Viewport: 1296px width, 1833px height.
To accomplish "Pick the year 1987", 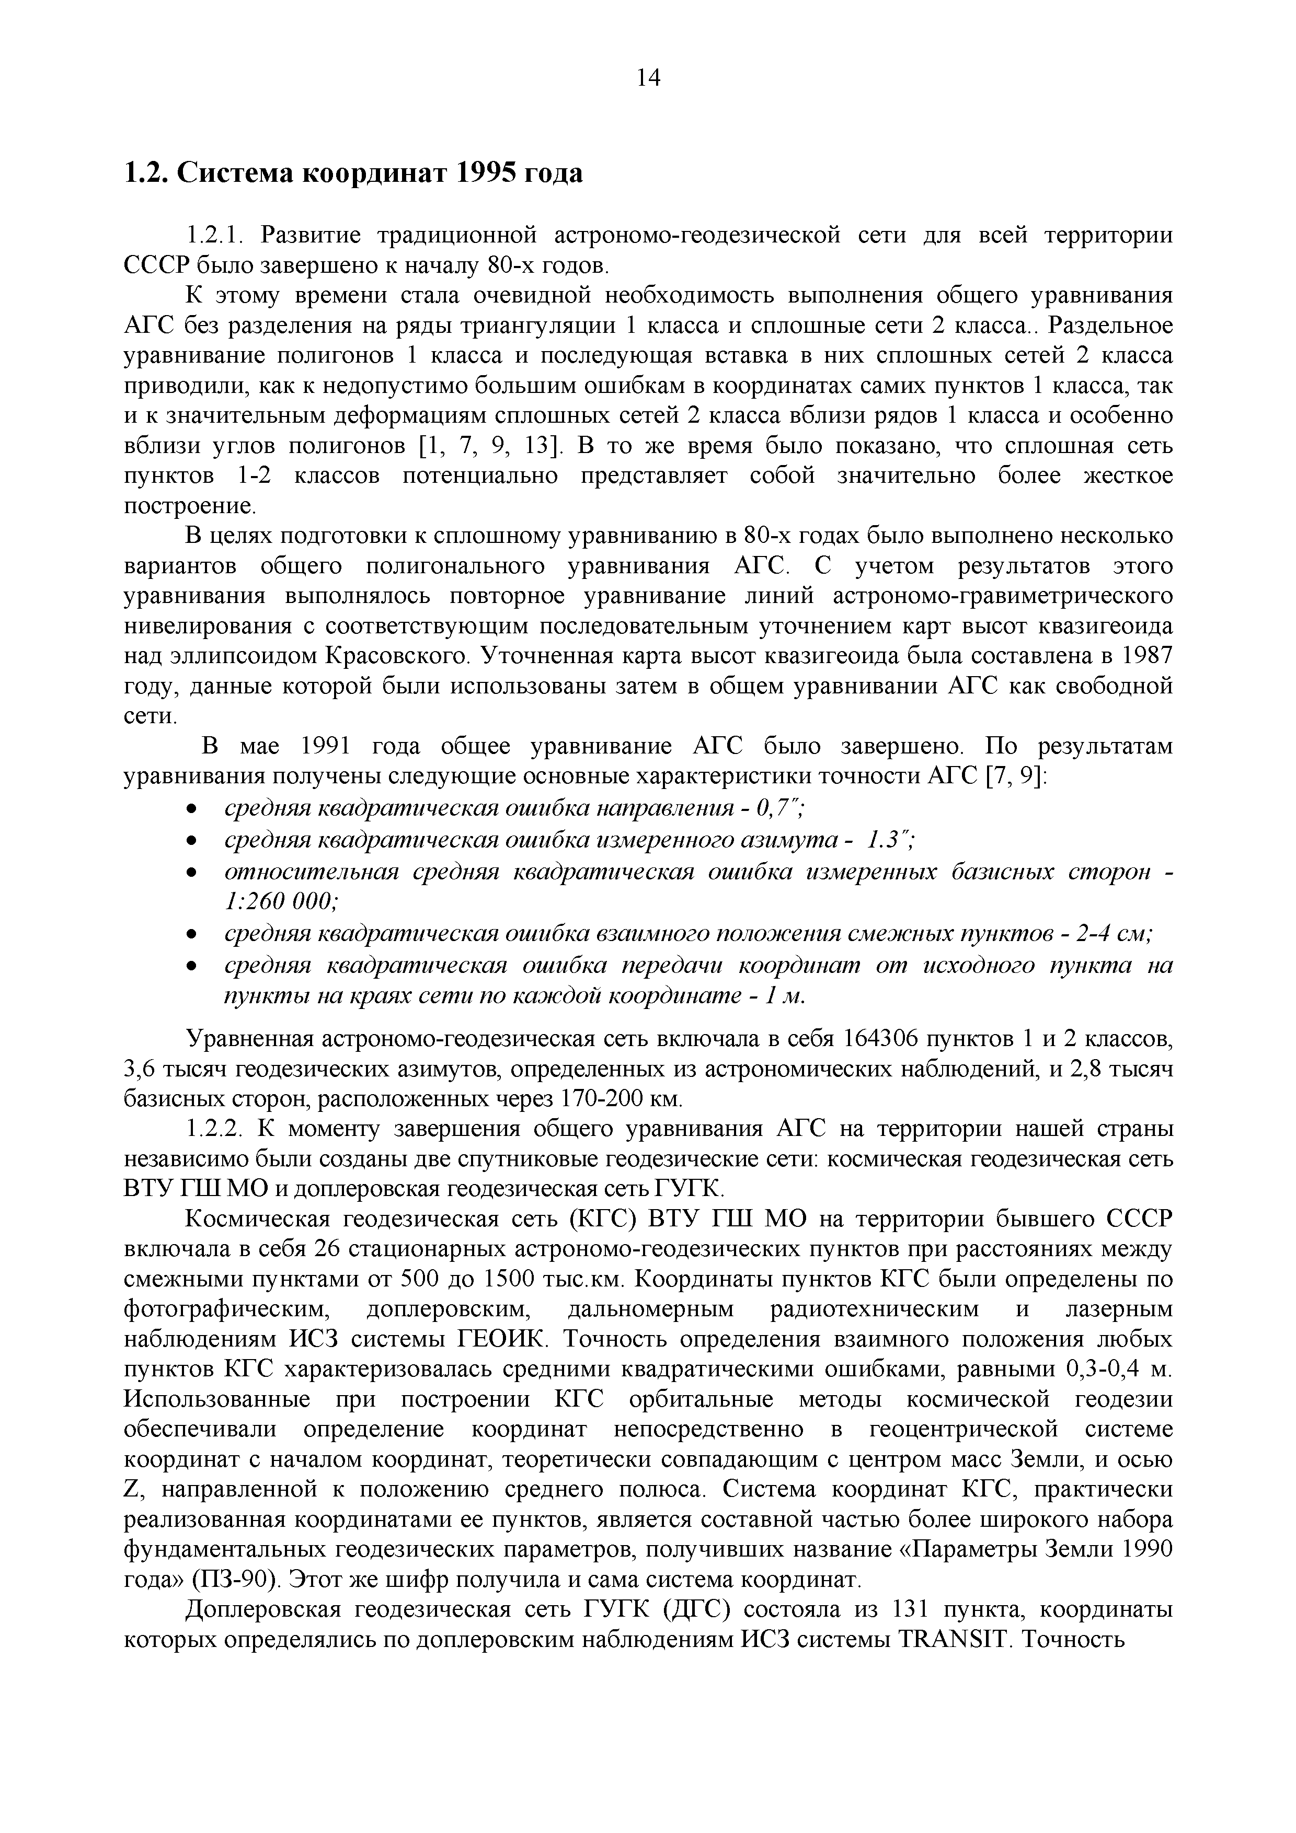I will tap(1144, 656).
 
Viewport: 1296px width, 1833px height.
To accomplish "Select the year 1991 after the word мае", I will tap(327, 747).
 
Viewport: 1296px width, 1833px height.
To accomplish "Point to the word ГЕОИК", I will tap(500, 1340).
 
